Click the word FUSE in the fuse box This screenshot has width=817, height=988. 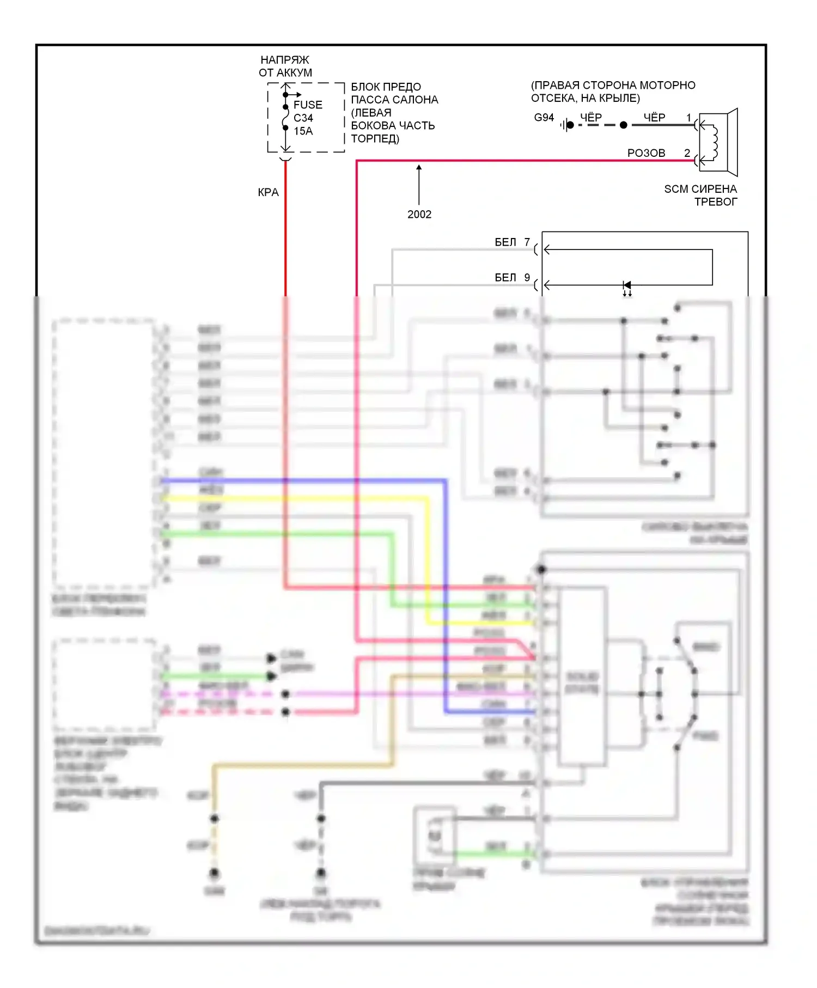click(x=308, y=105)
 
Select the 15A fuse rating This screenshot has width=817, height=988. click(x=303, y=131)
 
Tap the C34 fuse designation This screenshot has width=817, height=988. click(x=303, y=118)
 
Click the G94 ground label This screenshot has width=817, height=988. click(x=544, y=117)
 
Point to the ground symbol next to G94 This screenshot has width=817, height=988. click(x=567, y=125)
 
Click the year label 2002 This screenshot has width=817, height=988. click(x=419, y=214)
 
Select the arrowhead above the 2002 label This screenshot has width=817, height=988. click(x=419, y=167)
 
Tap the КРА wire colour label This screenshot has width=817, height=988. click(x=268, y=192)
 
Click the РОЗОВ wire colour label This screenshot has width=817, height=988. click(x=646, y=153)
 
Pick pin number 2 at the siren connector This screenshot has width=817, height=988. click(x=687, y=153)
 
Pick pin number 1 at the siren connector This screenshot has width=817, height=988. click(x=688, y=117)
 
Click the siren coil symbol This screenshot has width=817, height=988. click(x=714, y=143)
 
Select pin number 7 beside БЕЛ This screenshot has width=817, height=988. click(x=527, y=242)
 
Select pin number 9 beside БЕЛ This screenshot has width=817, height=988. click(x=527, y=277)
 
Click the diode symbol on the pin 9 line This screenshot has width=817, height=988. click(x=627, y=285)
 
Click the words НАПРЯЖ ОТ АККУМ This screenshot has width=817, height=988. click(x=285, y=66)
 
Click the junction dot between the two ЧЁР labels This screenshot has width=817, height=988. click(x=624, y=125)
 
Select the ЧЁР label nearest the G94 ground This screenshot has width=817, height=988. click(x=590, y=117)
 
